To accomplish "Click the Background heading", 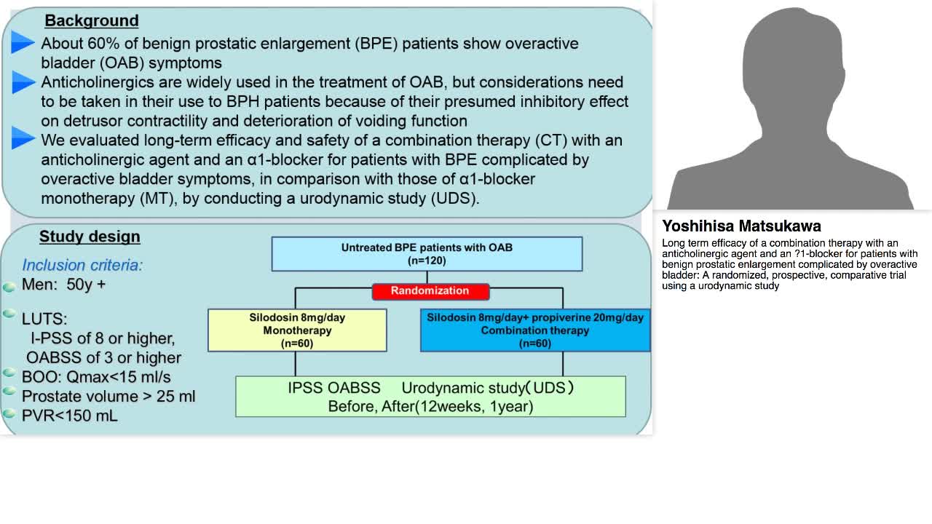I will (x=91, y=21).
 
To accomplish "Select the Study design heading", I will (x=90, y=237).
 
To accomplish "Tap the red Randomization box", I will (x=430, y=291).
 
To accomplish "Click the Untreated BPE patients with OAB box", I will (x=427, y=253).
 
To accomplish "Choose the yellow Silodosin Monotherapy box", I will (x=297, y=330).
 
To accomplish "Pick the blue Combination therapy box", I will (x=535, y=330).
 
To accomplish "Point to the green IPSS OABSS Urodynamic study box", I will (x=430, y=397).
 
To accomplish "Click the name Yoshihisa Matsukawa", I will (x=741, y=226).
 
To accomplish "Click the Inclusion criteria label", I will (x=82, y=265).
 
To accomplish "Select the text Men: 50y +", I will (x=63, y=285).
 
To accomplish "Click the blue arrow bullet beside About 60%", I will (x=23, y=43).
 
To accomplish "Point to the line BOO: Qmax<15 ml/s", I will (x=96, y=377).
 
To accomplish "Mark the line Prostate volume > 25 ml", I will (x=108, y=397).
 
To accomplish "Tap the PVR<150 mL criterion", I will (x=70, y=416).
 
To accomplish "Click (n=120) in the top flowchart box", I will (x=427, y=261).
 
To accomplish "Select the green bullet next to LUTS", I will (x=9, y=314).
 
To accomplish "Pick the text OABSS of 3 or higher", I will (x=103, y=358).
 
